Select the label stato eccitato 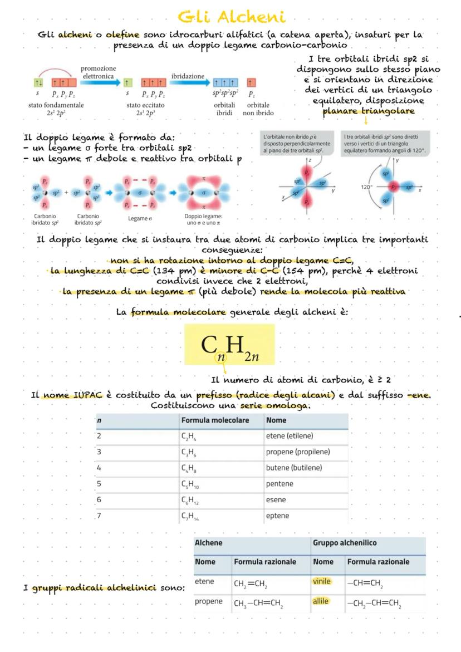click(145, 105)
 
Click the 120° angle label click(367, 187)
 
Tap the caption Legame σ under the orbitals click(140, 218)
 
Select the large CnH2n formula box click(229, 345)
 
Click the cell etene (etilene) click(290, 436)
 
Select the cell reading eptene click(277, 516)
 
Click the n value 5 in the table click(99, 484)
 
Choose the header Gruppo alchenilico click(345, 542)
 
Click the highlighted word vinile click(321, 581)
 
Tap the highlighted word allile click(320, 601)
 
